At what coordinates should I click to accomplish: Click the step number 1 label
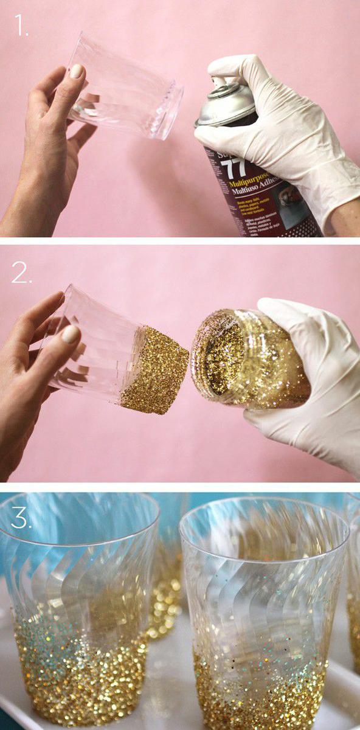[x=21, y=26]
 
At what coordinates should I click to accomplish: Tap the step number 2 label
[x=21, y=274]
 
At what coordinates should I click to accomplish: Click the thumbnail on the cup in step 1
[x=77, y=71]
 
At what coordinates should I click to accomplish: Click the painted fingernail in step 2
[x=71, y=334]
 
